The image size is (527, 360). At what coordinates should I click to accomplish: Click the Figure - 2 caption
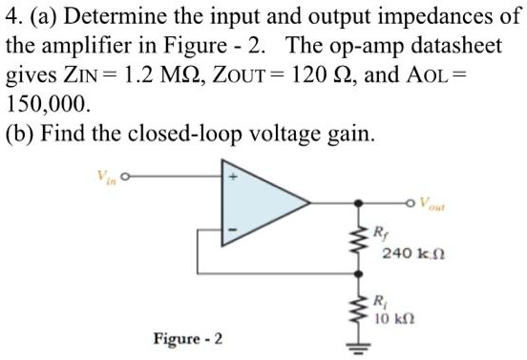188,339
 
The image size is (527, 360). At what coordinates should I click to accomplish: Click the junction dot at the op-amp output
360,203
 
